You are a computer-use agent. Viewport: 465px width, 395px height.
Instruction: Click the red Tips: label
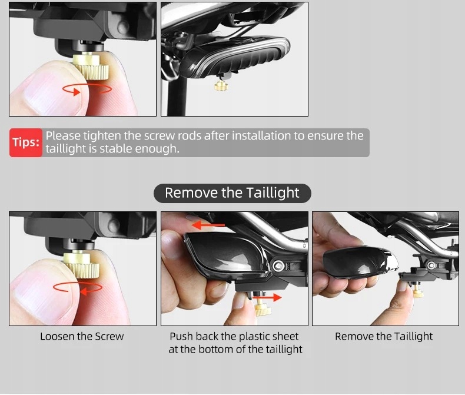26,142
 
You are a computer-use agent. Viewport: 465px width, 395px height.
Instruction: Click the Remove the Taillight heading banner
232,193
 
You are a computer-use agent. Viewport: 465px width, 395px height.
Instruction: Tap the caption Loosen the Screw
82,336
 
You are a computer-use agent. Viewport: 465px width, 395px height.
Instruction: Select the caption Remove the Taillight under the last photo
384,336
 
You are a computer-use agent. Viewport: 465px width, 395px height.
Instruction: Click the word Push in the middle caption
181,336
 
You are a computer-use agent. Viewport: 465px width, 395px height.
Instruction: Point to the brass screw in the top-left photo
91,66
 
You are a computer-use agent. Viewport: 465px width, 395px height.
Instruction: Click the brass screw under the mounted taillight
220,86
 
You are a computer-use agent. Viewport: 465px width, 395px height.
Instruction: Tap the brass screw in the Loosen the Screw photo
81,264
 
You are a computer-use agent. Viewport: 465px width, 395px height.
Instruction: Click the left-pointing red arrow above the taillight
208,225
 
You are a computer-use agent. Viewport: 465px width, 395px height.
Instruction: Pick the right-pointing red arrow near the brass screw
267,297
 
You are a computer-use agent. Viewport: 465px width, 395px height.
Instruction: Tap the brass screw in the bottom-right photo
418,293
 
